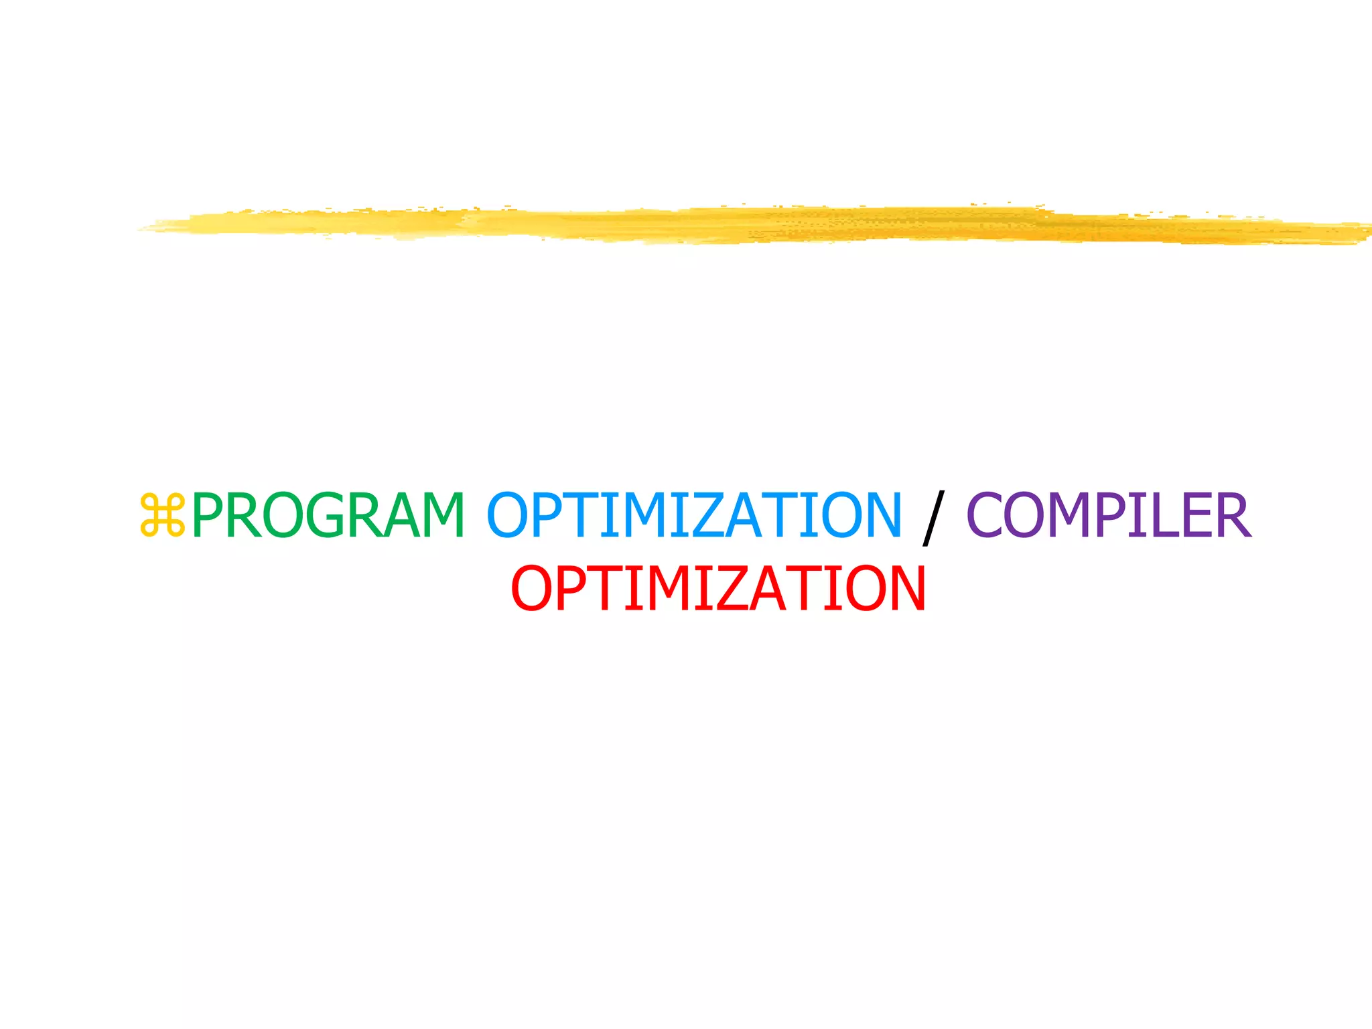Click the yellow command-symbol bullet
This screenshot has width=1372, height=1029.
[x=162, y=515]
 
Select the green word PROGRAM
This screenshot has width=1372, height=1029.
[x=328, y=515]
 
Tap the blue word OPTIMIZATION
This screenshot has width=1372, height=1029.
[x=694, y=515]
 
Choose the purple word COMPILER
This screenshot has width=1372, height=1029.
[x=1109, y=515]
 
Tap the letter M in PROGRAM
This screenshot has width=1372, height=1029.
[x=439, y=515]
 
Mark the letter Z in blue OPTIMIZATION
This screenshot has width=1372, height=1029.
[x=691, y=515]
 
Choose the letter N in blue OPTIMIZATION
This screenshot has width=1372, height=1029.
[x=877, y=515]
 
